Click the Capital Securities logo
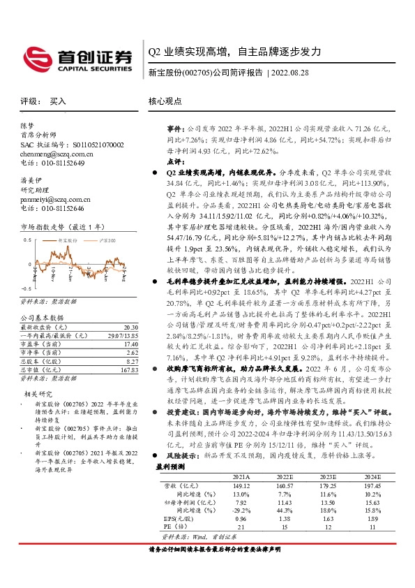[x=77, y=57]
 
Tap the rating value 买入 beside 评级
[x=58, y=101]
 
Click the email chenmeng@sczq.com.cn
[x=52, y=154]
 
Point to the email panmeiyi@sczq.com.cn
[x=53, y=199]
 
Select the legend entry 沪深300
[x=104, y=240]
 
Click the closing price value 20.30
[x=130, y=327]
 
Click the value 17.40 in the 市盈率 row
[x=130, y=344]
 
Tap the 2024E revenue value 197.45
[x=375, y=505]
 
